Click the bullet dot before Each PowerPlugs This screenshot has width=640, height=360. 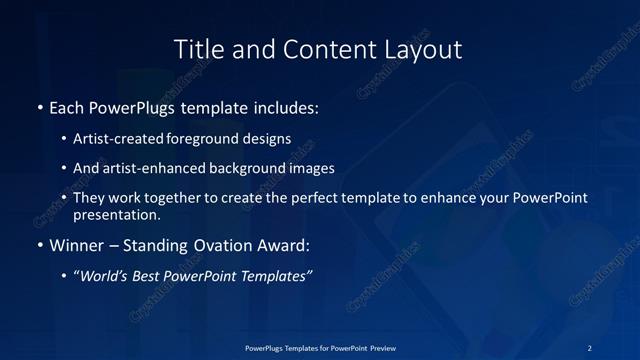pyautogui.click(x=39, y=106)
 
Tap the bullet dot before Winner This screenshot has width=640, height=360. pyautogui.click(x=39, y=244)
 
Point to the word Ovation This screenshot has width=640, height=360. pyautogui.click(x=221, y=244)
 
